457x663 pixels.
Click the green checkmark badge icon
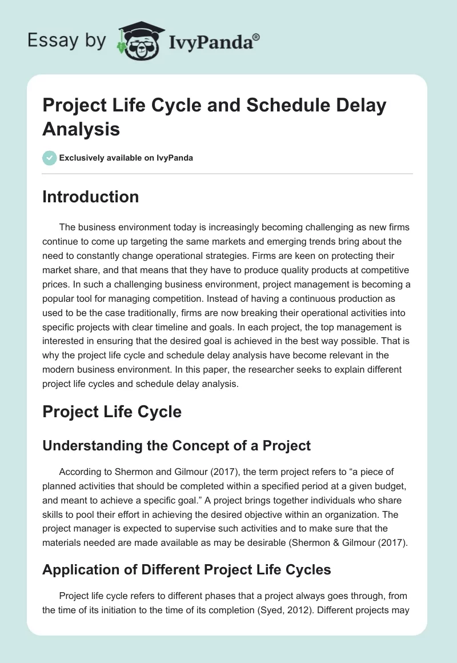pyautogui.click(x=49, y=158)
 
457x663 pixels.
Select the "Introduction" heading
pyautogui.click(x=91, y=197)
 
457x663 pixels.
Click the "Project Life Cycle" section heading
pyautogui.click(x=112, y=412)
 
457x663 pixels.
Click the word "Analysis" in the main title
pyautogui.click(x=81, y=129)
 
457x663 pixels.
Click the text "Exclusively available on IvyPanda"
pyautogui.click(x=126, y=158)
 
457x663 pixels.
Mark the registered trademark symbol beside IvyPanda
pyautogui.click(x=256, y=37)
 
